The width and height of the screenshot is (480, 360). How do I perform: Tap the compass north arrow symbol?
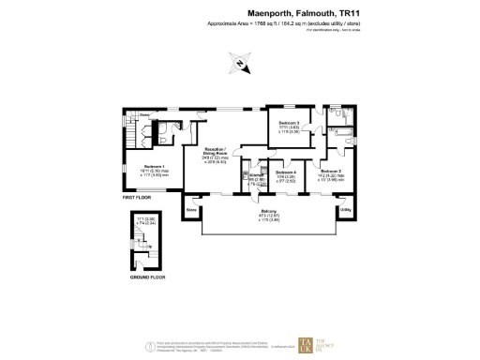240,65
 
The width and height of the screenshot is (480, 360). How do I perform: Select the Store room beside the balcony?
191,210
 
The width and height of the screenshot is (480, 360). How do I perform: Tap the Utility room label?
345,210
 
